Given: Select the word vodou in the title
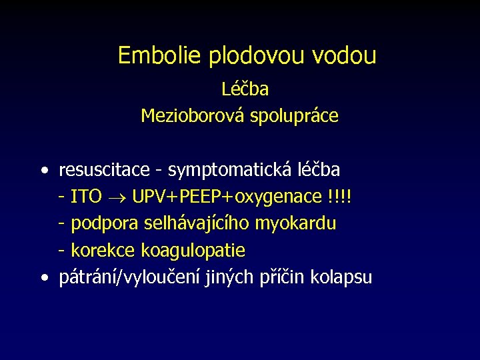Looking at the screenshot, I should (344, 55).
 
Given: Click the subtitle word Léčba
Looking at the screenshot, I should (245, 89).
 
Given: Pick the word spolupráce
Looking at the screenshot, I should (294, 117).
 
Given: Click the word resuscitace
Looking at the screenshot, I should (104, 171).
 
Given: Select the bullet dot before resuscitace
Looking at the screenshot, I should (43, 171).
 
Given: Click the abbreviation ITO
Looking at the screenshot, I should (86, 197).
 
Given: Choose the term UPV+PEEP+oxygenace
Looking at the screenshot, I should (227, 198).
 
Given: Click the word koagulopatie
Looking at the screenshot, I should (192, 251).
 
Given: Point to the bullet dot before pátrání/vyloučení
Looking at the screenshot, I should (43, 278).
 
